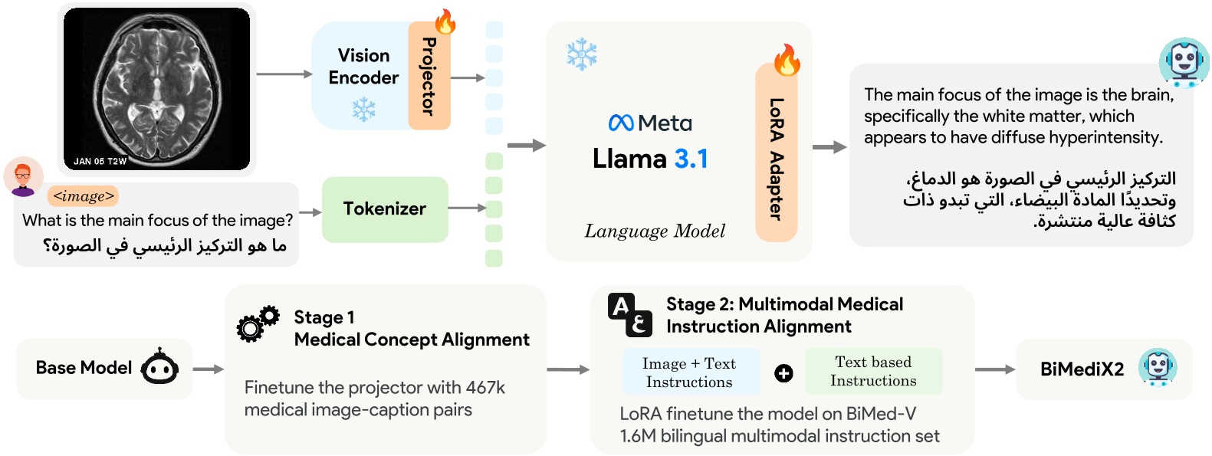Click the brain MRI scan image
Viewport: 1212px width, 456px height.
pyautogui.click(x=157, y=88)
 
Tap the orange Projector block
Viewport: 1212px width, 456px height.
pyautogui.click(x=429, y=77)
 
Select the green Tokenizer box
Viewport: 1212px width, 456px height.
pyautogui.click(x=384, y=209)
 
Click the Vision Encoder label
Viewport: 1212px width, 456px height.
pyautogui.click(x=363, y=67)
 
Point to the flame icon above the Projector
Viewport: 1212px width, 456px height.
pyautogui.click(x=445, y=21)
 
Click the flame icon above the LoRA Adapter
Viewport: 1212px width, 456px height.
pyautogui.click(x=787, y=59)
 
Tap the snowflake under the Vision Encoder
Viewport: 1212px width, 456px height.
pyautogui.click(x=363, y=110)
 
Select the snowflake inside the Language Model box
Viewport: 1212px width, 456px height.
pyautogui.click(x=581, y=54)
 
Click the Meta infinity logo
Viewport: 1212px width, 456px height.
pyautogui.click(x=620, y=123)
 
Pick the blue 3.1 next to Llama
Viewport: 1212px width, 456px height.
pyautogui.click(x=691, y=159)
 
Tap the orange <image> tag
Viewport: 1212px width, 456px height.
pyautogui.click(x=83, y=196)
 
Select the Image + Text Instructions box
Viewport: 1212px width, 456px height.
pyautogui.click(x=688, y=372)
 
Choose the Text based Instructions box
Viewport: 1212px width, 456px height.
pyautogui.click(x=873, y=371)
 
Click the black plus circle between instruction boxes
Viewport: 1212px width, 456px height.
pyautogui.click(x=783, y=373)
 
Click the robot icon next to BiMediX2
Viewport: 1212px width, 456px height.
pyautogui.click(x=1157, y=367)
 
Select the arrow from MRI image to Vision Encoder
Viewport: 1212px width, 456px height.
pyautogui.click(x=284, y=74)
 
